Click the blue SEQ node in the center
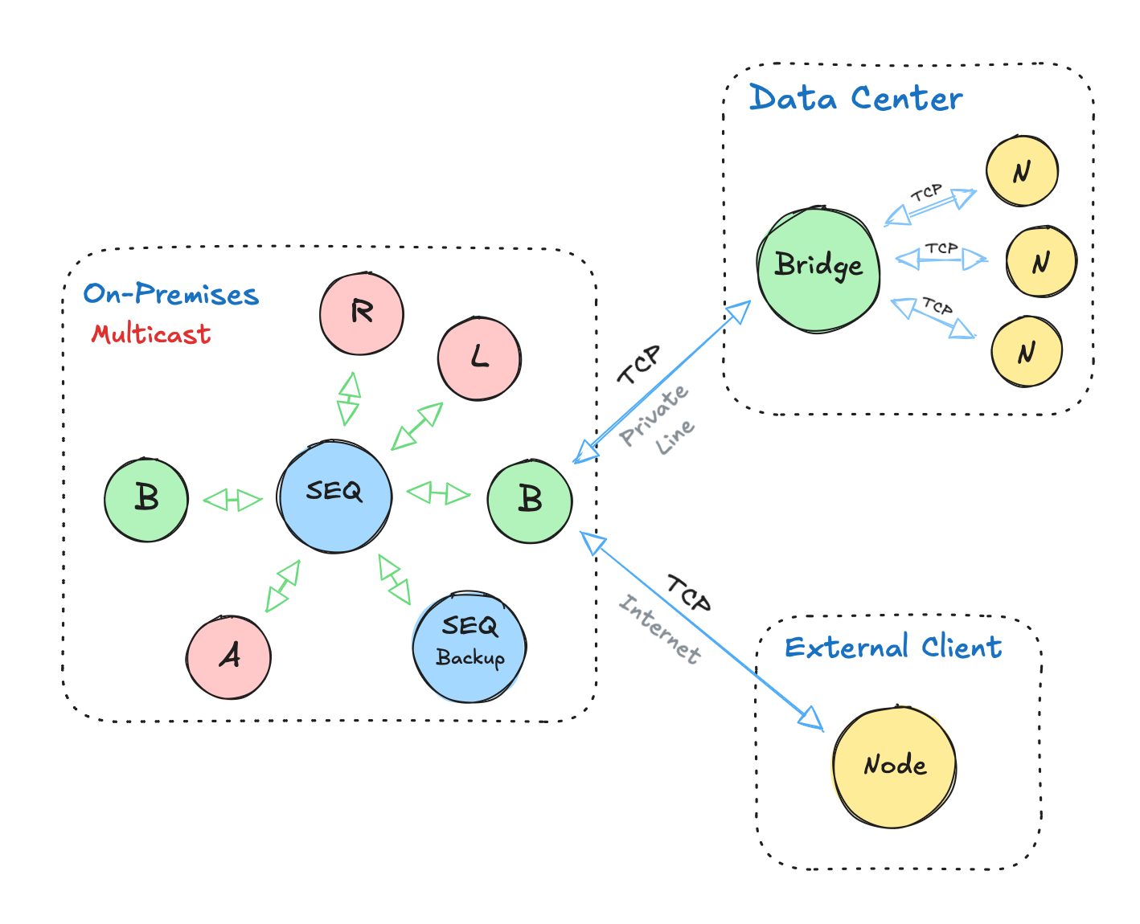click(x=334, y=496)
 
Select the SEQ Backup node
click(x=470, y=647)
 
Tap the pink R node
click(x=362, y=313)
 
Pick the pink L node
click(x=479, y=358)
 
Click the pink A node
click(x=229, y=657)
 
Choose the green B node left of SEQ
click(x=146, y=500)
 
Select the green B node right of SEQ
click(x=530, y=501)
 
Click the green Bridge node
click(x=818, y=269)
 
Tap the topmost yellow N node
click(x=1022, y=171)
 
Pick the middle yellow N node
click(x=1040, y=263)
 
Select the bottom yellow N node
click(x=1027, y=352)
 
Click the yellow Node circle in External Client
click(x=895, y=767)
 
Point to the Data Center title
click(x=855, y=99)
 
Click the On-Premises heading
click(x=171, y=294)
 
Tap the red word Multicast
click(x=151, y=333)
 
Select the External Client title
click(x=893, y=647)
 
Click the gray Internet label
click(x=660, y=628)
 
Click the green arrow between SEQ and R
click(x=348, y=399)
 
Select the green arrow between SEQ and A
click(x=283, y=586)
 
